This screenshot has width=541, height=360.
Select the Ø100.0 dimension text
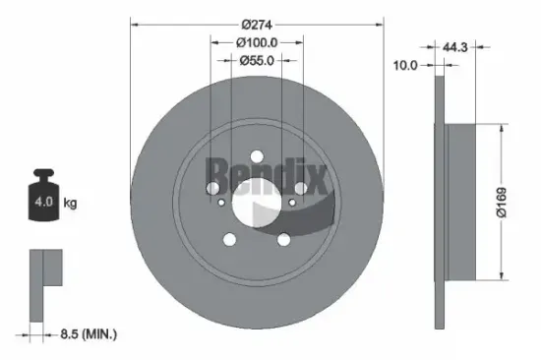257,42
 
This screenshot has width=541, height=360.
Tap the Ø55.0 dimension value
257,61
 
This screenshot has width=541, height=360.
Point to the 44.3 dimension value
453,46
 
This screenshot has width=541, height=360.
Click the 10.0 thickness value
405,65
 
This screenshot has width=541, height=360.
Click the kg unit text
69,205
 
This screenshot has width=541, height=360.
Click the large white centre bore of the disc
256,202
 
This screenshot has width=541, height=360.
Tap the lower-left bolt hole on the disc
229,238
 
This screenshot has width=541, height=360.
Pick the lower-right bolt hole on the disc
283,238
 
